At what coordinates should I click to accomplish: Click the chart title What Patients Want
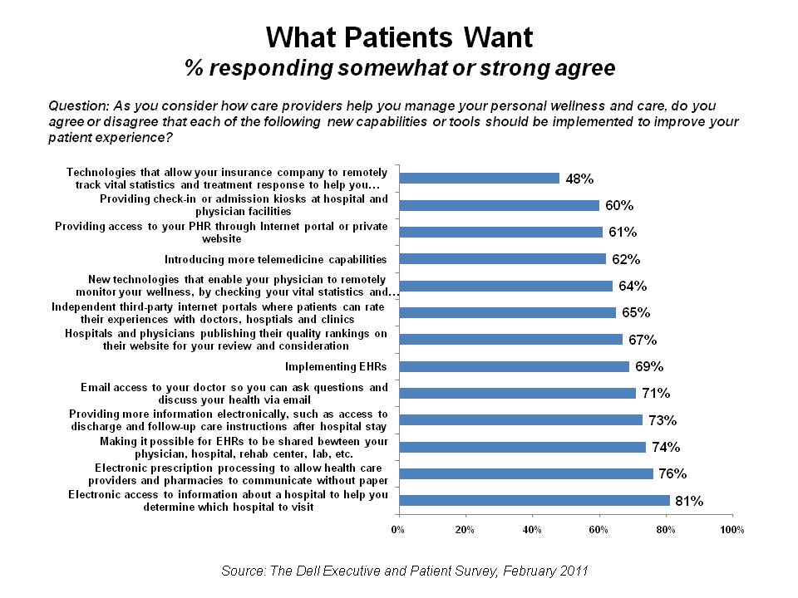[399, 37]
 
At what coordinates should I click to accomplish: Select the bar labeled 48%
[480, 178]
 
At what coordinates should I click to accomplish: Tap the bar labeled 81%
[534, 500]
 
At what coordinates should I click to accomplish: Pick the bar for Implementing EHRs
[515, 366]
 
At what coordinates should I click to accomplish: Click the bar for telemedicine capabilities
[503, 258]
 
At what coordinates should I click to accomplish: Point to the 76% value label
[672, 474]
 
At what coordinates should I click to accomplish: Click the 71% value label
[657, 393]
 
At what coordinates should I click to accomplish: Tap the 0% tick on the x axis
[398, 529]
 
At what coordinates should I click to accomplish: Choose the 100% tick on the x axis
[732, 529]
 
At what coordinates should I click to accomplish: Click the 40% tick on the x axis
[532, 529]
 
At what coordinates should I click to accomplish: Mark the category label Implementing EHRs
[336, 366]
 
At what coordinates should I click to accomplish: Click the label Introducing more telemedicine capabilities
[276, 258]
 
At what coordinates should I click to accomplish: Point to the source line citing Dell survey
[405, 571]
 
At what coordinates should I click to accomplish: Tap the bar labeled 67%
[510, 339]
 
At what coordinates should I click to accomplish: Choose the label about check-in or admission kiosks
[244, 205]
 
